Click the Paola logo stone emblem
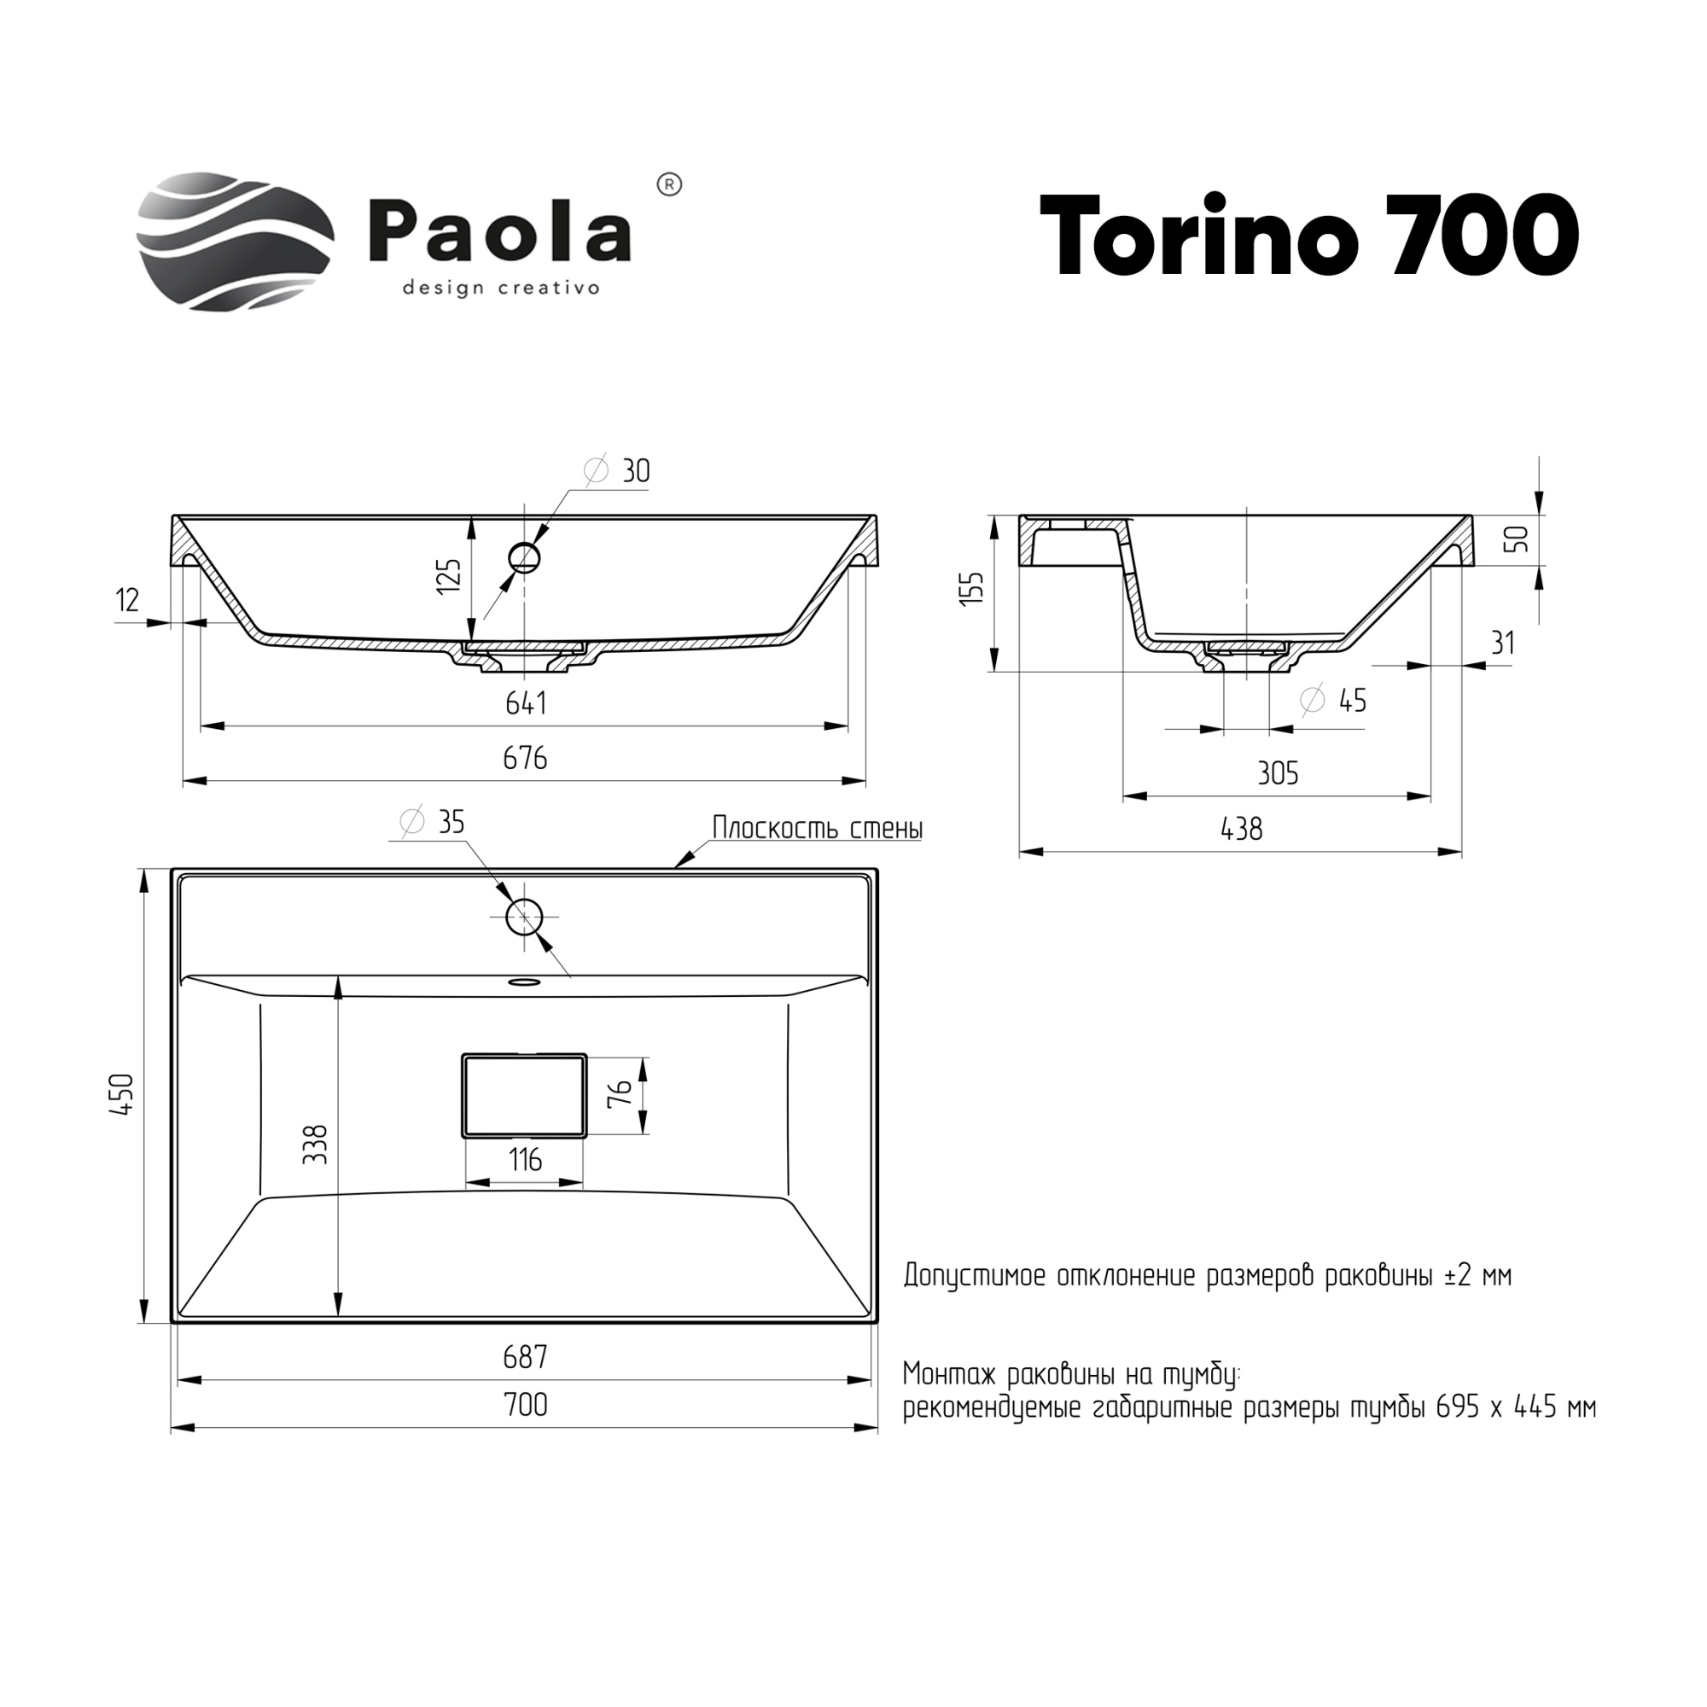click(x=235, y=242)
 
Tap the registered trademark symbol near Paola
click(x=670, y=185)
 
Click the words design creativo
click(x=501, y=288)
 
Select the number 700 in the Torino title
click(x=1482, y=236)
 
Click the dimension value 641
click(x=526, y=703)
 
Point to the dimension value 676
click(x=526, y=758)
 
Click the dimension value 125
click(x=450, y=575)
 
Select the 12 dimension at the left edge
click(x=128, y=601)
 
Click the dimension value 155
click(x=971, y=588)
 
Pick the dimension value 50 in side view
click(x=1517, y=539)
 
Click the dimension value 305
click(x=1278, y=774)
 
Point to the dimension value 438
click(x=1241, y=829)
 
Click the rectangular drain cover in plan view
click(x=524, y=1095)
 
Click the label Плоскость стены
click(x=818, y=828)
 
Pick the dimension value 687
click(x=526, y=1357)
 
